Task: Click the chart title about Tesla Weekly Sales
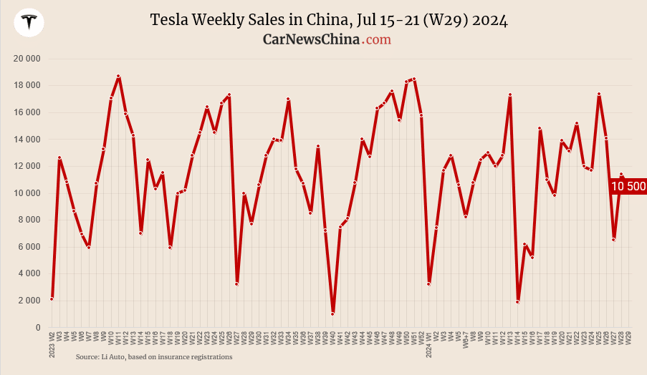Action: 329,19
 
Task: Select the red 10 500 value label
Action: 628,186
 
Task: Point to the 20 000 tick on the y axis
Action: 27,58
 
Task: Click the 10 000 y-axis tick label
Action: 27,193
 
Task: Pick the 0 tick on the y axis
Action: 37,328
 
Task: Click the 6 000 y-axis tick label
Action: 29,247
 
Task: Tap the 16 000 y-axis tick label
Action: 27,112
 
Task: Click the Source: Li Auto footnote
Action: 154,356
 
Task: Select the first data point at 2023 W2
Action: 52,298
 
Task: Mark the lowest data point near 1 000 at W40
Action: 332,313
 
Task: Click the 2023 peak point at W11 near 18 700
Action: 118,76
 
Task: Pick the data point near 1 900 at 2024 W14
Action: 517,301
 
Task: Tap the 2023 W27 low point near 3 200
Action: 236,284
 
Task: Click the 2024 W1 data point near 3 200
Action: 428,284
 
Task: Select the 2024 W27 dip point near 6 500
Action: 614,240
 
